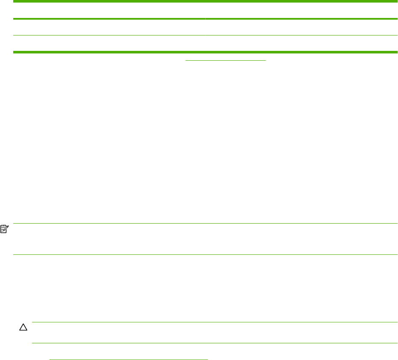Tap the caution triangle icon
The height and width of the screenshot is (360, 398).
pyautogui.click(x=23, y=328)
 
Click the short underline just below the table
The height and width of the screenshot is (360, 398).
pyautogui.click(x=225, y=60)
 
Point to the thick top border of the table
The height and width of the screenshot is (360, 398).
pyautogui.click(x=205, y=2)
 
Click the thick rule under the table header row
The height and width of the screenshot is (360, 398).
pyautogui.click(x=205, y=19)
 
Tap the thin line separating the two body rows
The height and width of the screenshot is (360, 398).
pyautogui.click(x=205, y=35)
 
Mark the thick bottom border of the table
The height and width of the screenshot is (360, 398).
pyautogui.click(x=205, y=52)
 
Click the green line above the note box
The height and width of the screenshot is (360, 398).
pyautogui.click(x=205, y=223)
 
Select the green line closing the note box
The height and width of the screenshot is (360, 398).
pyautogui.click(x=205, y=255)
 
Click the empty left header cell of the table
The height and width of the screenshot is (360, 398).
pyautogui.click(x=109, y=10)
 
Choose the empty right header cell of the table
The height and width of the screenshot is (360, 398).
pyautogui.click(x=301, y=10)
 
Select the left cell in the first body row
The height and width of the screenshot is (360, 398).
pyautogui.click(x=109, y=27)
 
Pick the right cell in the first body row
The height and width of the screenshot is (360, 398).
pyautogui.click(x=301, y=27)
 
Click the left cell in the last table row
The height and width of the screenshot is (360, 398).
pyautogui.click(x=109, y=44)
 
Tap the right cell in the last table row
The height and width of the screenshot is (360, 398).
pyautogui.click(x=301, y=44)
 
